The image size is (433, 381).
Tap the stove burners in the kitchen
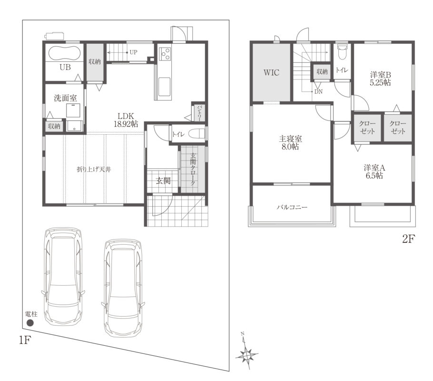[x=165, y=53]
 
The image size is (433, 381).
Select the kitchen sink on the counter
[x=164, y=87]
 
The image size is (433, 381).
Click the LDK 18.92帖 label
[x=126, y=120]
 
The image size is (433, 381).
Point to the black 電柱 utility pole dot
[x=30, y=323]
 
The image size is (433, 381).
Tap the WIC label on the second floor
[x=271, y=72]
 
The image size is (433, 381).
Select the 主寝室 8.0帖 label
[x=290, y=142]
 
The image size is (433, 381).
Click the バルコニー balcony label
[x=292, y=207]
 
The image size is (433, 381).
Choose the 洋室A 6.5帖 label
[x=374, y=171]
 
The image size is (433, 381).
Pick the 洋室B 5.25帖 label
[x=380, y=79]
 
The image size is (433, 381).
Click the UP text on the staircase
[x=133, y=52]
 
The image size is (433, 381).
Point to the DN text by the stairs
[x=318, y=91]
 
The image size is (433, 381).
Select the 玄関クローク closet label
[x=193, y=169]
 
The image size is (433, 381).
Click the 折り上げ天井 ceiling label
[x=94, y=170]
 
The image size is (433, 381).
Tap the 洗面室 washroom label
[x=65, y=98]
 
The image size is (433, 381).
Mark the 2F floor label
[x=409, y=239]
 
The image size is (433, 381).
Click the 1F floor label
[x=24, y=340]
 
